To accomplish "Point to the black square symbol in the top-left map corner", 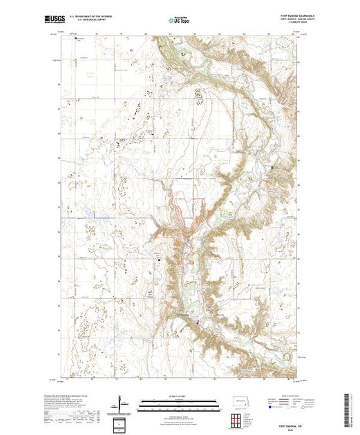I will tap(77, 39).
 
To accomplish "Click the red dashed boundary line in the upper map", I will tap(235, 117).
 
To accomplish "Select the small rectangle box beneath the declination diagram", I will tap(122, 423).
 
